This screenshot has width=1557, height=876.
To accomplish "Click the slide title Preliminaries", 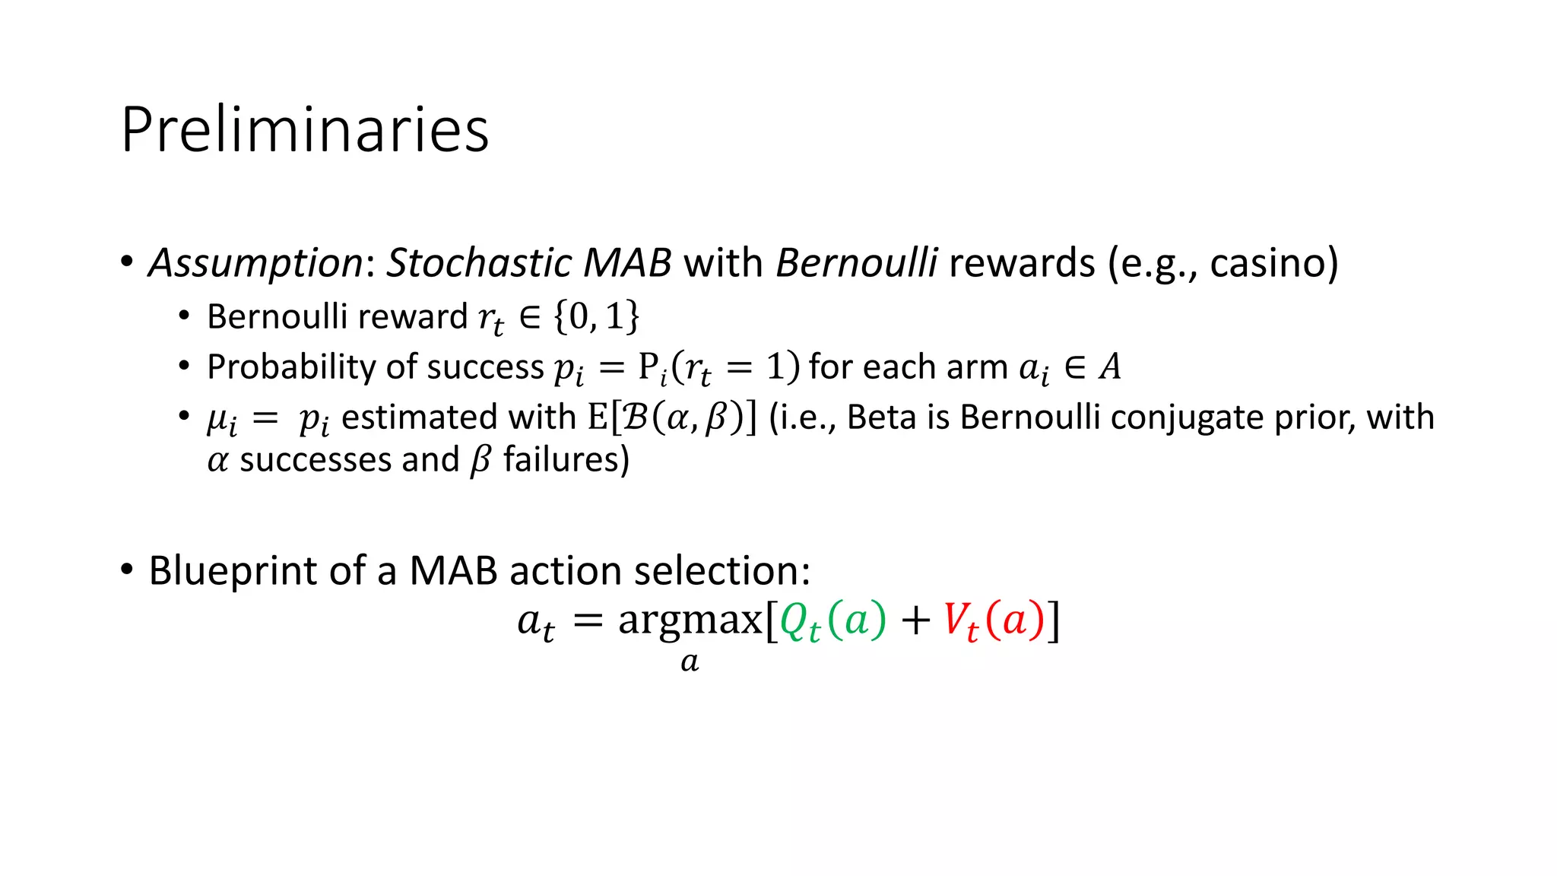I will point(304,129).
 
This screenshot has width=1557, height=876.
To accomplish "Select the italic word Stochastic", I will point(479,263).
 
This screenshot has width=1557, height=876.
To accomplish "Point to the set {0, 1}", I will point(597,316).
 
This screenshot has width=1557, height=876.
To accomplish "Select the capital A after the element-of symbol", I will point(1110,367).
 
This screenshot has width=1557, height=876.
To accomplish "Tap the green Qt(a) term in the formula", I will point(832,620).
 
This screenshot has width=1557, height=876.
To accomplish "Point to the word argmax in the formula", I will point(690,620).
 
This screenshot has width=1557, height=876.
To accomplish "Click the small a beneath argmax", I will point(690,662).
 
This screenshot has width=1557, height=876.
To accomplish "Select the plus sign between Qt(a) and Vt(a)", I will point(915,620).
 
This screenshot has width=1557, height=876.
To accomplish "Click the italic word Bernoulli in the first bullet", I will point(856,263).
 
